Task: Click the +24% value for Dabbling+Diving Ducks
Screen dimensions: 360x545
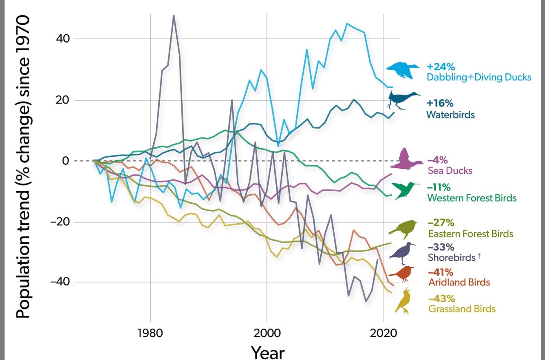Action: point(441,66)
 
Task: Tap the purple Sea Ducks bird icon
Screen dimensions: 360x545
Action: point(407,159)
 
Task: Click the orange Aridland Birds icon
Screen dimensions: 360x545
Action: point(402,274)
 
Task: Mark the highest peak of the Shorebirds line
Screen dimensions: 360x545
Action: point(174,16)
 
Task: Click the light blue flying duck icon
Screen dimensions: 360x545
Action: point(402,70)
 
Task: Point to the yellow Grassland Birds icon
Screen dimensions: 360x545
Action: point(403,301)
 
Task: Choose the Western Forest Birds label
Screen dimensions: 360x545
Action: point(471,198)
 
